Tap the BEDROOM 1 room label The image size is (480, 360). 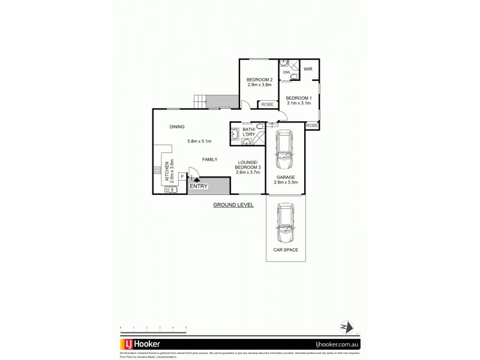[298, 98]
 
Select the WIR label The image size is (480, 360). [308, 70]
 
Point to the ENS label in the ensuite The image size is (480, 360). [286, 73]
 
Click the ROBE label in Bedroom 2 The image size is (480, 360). [267, 104]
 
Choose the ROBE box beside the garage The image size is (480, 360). [312, 125]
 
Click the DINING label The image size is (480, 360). [176, 127]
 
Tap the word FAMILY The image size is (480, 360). [209, 159]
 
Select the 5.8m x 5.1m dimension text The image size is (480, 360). [199, 142]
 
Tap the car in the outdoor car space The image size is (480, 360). [286, 223]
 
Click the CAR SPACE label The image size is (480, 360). [286, 249]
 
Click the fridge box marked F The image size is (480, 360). [182, 176]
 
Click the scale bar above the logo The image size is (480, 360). [153, 327]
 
